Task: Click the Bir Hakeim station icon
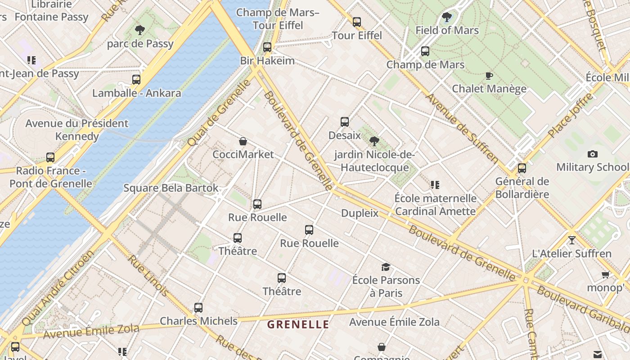267,47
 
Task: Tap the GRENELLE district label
298,324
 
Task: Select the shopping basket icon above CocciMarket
243,141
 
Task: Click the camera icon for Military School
593,154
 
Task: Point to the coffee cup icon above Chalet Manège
489,76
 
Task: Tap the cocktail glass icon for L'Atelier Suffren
571,240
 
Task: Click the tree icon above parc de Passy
140,30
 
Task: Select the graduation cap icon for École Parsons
386,267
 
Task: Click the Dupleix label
360,213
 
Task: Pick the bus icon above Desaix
345,121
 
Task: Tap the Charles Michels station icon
198,308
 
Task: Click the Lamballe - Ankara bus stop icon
136,80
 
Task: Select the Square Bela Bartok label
171,188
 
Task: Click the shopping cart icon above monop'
605,274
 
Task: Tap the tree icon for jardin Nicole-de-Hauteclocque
374,141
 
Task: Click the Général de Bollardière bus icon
522,168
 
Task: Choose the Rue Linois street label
148,276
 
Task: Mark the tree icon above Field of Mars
447,17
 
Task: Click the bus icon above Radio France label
50,157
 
